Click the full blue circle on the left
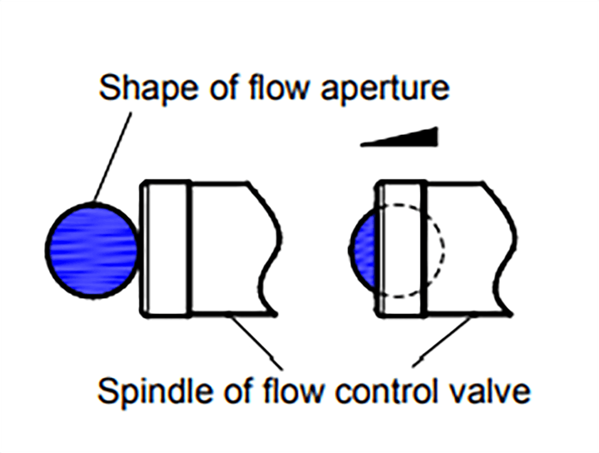coord(92,250)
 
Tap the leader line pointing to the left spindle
coord(256,342)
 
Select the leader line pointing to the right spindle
coord(442,341)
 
